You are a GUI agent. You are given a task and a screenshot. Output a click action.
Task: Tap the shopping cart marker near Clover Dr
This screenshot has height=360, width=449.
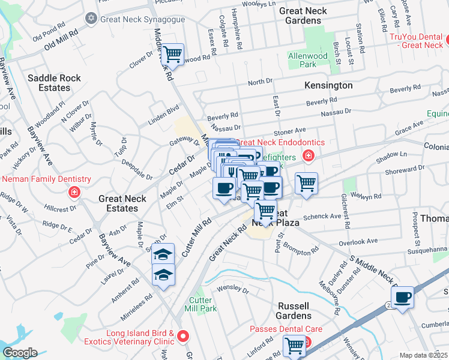coord(173,55)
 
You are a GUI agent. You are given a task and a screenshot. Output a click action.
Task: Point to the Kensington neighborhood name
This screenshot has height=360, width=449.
coord(328,85)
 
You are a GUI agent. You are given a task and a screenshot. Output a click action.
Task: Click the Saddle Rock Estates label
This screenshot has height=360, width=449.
coord(49,83)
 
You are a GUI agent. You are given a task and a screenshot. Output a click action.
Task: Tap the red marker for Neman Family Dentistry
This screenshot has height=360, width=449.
coord(74,192)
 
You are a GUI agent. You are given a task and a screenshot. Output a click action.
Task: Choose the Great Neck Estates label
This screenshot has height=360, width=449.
coord(122,204)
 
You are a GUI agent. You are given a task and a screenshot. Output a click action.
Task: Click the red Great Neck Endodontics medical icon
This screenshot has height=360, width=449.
coord(308,156)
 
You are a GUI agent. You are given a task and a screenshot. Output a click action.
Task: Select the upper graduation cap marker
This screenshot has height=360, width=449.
coord(163,254)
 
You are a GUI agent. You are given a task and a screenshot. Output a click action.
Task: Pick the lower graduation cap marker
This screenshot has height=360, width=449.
coord(163,275)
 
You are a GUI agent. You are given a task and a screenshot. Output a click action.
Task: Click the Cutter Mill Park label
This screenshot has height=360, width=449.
coord(202,304)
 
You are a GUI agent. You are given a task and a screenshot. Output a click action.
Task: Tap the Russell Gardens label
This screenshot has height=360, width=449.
coord(294,310)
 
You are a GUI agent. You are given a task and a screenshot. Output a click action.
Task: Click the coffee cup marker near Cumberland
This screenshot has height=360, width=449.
coord(402,296)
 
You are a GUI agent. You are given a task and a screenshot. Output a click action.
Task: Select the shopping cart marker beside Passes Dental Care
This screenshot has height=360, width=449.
coord(294,345)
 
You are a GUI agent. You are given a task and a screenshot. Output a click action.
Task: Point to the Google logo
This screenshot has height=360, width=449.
coord(20,353)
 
